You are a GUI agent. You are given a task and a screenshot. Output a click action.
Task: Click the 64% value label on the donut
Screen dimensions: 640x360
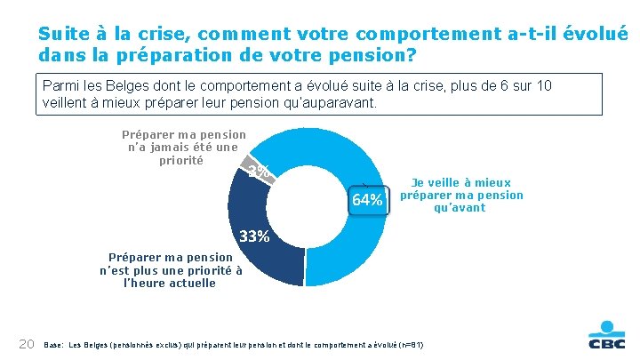[367, 200]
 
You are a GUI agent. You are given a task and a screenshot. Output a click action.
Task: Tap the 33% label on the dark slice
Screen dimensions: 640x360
[254, 236]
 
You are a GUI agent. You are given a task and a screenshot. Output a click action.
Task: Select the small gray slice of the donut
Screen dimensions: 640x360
[257, 170]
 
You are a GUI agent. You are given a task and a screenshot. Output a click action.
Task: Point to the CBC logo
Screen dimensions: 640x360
[606, 335]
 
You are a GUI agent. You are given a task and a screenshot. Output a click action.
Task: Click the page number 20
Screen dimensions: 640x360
[27, 344]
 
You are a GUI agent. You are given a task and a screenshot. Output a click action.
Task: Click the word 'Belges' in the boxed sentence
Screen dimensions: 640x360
[127, 85]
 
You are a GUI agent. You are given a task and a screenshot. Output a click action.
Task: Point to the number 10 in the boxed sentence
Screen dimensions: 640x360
[543, 85]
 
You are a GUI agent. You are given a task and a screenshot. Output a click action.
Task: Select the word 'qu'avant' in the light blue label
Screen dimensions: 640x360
[460, 208]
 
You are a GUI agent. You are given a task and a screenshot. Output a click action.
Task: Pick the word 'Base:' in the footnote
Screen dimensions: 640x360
[54, 345]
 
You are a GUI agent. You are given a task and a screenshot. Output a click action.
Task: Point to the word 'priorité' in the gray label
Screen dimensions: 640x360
[181, 161]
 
